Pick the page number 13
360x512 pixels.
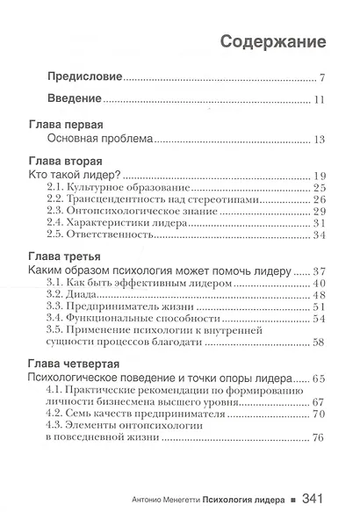(x=320, y=139)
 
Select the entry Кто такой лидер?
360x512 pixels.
(x=83, y=176)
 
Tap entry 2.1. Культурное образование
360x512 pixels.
(x=120, y=188)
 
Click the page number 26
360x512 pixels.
(x=320, y=200)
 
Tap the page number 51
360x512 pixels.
(x=320, y=307)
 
